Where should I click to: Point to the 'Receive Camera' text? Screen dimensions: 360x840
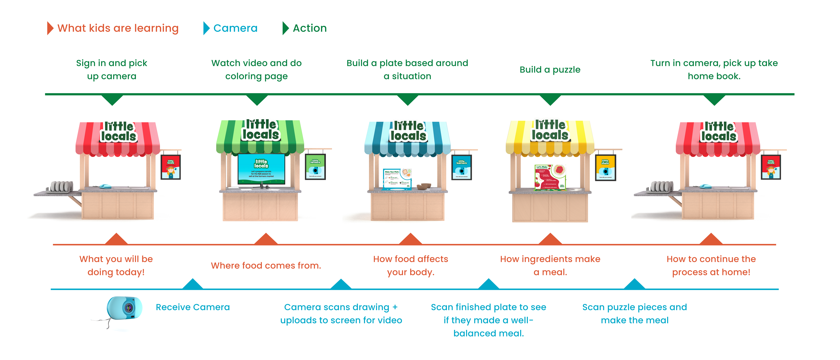click(193, 307)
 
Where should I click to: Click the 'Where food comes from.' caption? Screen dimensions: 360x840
click(266, 265)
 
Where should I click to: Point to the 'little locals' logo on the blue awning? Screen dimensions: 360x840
click(408, 131)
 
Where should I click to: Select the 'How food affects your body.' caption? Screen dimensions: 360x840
click(411, 265)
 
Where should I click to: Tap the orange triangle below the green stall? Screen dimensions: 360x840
click(266, 239)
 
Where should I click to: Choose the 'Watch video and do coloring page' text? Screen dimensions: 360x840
click(256, 69)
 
